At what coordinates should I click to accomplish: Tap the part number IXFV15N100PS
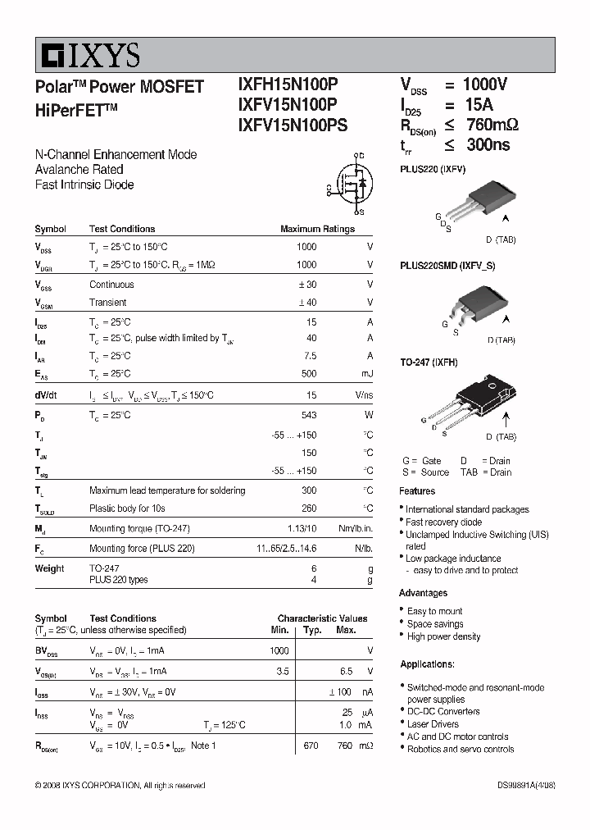click(x=292, y=125)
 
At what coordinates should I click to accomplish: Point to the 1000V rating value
click(x=485, y=84)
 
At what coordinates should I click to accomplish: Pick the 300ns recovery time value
click(x=487, y=145)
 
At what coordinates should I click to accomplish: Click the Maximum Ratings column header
click(x=317, y=230)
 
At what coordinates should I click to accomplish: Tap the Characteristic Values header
click(x=322, y=618)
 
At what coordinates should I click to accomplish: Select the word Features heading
click(x=417, y=491)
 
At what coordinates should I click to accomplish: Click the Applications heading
click(x=427, y=664)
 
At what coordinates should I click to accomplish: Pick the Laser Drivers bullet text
click(x=433, y=724)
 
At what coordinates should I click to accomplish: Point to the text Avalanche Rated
click(x=79, y=170)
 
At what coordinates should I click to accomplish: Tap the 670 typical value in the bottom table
click(x=311, y=746)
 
